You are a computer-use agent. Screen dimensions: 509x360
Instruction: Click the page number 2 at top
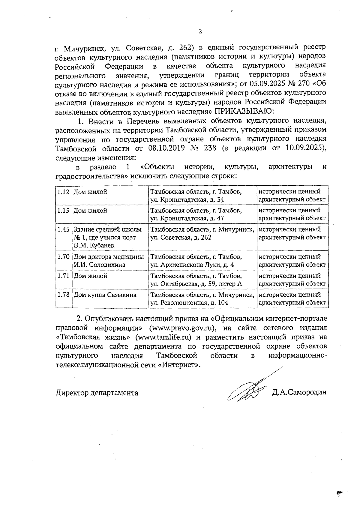[x=200, y=31]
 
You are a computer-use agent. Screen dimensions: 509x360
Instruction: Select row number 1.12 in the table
[x=63, y=192]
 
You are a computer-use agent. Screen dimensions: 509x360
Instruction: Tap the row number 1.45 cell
[x=63, y=229]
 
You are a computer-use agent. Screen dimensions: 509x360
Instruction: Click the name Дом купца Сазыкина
[x=105, y=295]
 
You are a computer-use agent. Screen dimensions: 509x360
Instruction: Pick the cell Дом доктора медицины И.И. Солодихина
[x=109, y=261]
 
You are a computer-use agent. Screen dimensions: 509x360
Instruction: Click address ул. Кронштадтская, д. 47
[x=187, y=218]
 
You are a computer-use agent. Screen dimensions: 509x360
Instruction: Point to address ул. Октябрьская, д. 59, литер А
[x=196, y=284]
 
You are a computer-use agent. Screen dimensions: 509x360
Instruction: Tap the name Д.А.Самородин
[x=299, y=393]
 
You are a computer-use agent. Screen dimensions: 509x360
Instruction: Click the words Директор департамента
[x=97, y=393]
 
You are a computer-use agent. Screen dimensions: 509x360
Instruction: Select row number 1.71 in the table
[x=63, y=276]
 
